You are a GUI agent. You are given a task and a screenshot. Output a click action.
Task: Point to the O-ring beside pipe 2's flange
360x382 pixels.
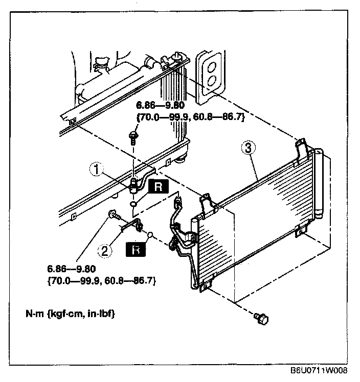(x=150, y=235)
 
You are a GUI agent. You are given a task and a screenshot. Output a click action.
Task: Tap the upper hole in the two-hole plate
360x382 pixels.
(x=210, y=64)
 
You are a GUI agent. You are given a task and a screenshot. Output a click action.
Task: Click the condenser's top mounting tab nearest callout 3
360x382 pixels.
(x=301, y=147)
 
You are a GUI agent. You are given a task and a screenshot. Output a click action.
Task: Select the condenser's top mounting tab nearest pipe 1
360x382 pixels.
(x=207, y=203)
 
